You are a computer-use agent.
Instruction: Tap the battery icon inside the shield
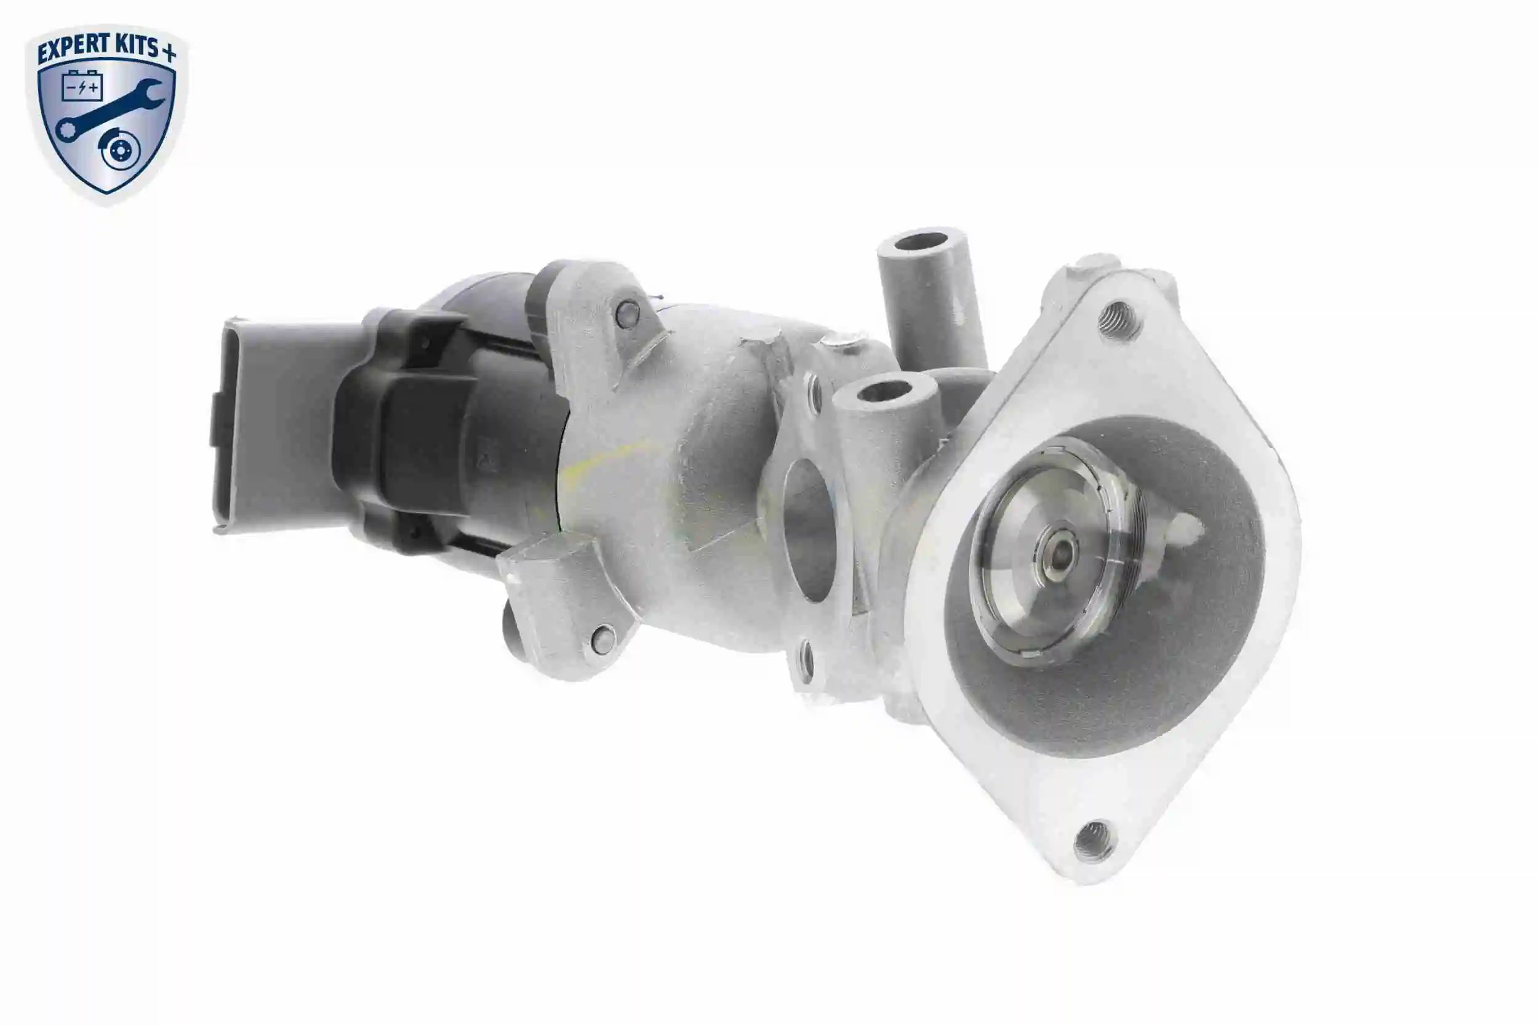point(82,86)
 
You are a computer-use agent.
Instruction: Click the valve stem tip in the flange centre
point(1059,554)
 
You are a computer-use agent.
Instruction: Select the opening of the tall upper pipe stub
point(923,241)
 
